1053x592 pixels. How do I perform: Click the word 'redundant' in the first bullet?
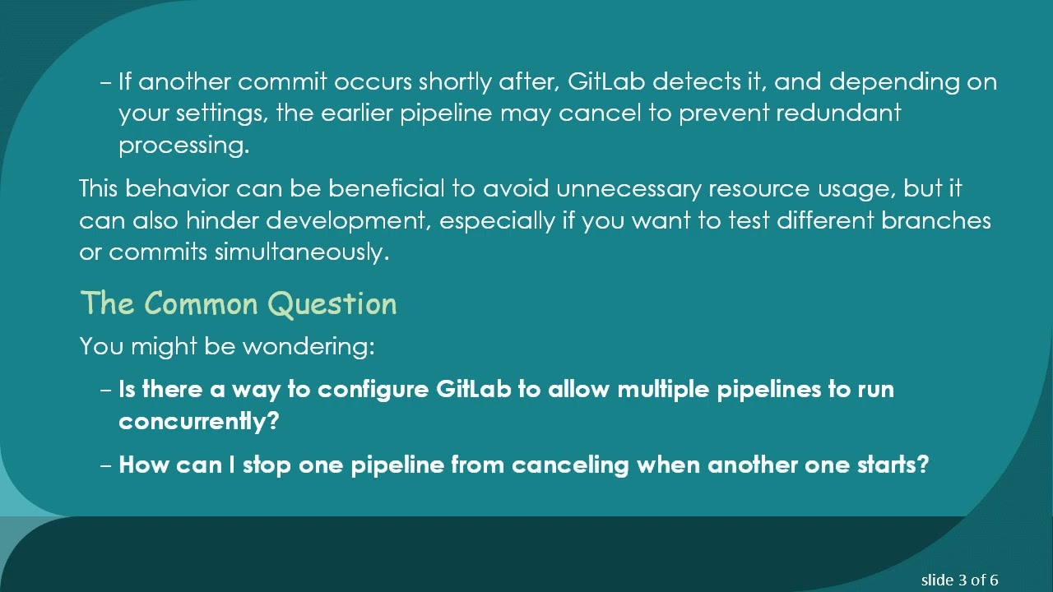click(x=838, y=113)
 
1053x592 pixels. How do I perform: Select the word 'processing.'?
click(x=183, y=146)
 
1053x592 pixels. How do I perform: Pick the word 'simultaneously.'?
click(x=302, y=252)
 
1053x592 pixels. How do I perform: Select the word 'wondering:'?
click(x=308, y=346)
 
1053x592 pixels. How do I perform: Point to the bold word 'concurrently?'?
click(x=199, y=421)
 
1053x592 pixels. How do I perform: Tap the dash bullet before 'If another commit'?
click(x=105, y=82)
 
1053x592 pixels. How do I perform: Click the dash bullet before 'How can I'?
click(x=105, y=465)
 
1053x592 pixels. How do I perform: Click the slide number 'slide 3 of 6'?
click(x=959, y=580)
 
